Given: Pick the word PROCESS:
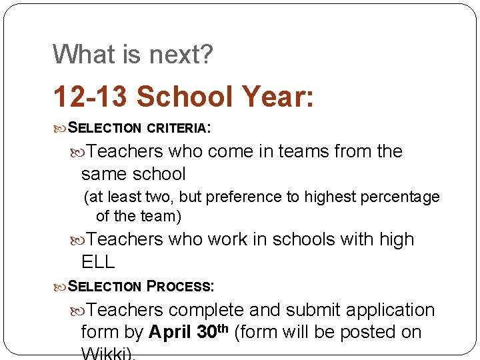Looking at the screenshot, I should tap(180, 287).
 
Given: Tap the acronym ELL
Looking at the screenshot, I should tap(98, 262).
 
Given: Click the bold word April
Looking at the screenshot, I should tap(173, 332).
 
